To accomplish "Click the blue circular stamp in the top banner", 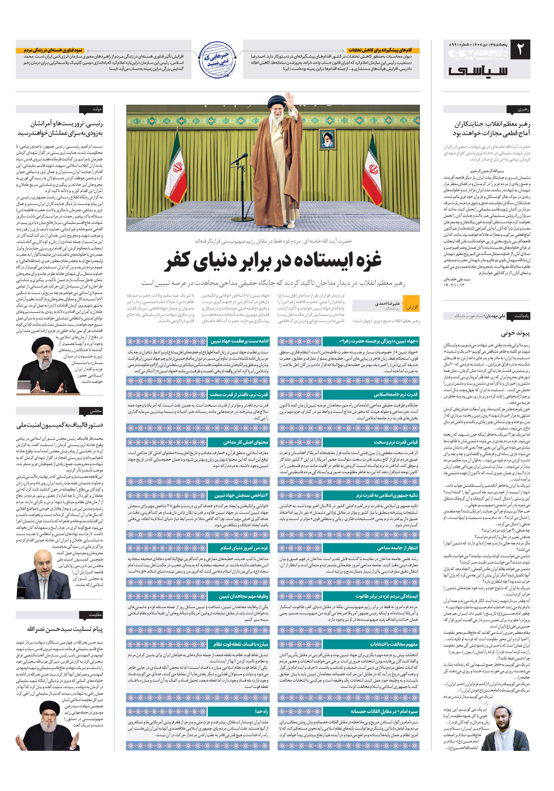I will tap(217, 60).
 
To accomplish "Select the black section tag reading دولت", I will tap(91, 109).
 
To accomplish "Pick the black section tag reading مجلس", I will tap(91, 411).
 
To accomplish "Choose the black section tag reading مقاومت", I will tap(91, 615).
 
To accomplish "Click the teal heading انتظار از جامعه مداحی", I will tap(397, 548).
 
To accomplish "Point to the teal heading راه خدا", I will tap(261, 711).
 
